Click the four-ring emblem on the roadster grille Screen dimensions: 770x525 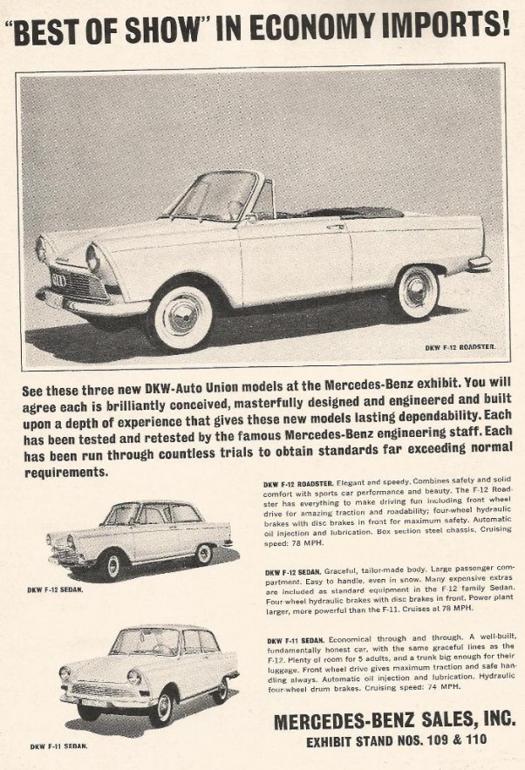coord(58,279)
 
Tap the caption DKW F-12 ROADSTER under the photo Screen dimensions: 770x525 coord(460,348)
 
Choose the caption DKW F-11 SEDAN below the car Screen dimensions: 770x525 coord(58,746)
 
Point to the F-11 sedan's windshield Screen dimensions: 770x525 coord(144,642)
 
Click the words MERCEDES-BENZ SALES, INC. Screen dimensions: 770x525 coord(393,721)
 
